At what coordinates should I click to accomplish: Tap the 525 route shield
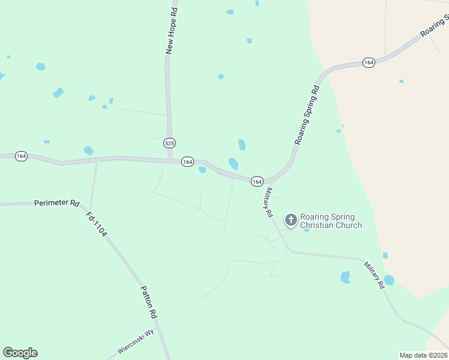coord(170,143)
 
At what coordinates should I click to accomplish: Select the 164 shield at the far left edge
coord(22,156)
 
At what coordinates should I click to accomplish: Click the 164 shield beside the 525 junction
coord(187,162)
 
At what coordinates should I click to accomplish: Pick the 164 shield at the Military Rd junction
coord(257,181)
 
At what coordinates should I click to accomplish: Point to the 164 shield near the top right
coord(369,62)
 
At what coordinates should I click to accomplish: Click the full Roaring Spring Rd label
coord(307,115)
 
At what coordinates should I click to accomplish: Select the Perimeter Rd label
coord(57,203)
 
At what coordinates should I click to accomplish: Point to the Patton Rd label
coord(149,302)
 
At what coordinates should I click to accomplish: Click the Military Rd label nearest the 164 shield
coord(268,202)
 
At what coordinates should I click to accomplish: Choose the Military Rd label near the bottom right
coord(373,275)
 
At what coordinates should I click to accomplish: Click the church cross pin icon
coord(291,220)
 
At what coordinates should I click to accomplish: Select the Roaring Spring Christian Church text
coord(331,221)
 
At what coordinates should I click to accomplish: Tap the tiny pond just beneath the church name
coord(306,230)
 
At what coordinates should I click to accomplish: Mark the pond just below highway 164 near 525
coord(202,170)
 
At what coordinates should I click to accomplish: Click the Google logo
coord(20,353)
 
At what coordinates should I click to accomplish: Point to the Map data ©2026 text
coord(424,355)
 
